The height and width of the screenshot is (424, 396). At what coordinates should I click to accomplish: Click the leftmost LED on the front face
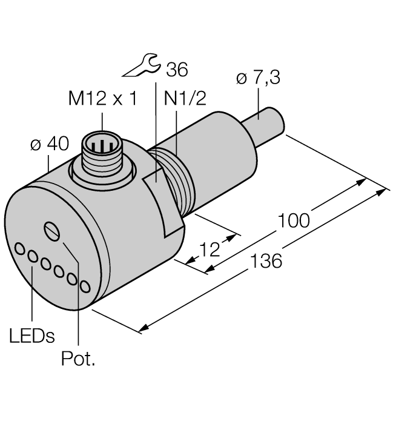coord(21,248)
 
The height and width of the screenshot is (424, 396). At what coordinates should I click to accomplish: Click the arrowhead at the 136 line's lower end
coord(143,329)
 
